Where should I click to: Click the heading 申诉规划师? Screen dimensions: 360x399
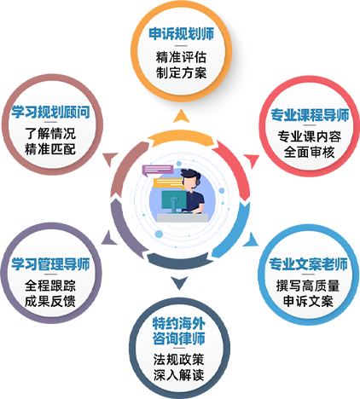pyautogui.click(x=181, y=34)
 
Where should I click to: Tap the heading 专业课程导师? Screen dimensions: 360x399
pyautogui.click(x=310, y=115)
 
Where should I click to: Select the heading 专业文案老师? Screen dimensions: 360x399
pyautogui.click(x=308, y=264)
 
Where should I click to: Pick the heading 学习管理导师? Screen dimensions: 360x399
pyautogui.click(x=50, y=264)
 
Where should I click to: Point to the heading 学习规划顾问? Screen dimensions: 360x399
pyautogui.click(x=50, y=112)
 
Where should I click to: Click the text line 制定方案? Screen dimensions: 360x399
pyautogui.click(x=181, y=72)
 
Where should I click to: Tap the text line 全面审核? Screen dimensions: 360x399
pyautogui.click(x=309, y=152)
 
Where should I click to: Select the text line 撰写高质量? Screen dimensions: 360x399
pyautogui.click(x=308, y=286)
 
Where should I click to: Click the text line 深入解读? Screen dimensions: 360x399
pyautogui.click(x=179, y=375)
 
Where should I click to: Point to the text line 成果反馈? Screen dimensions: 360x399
pyautogui.click(x=50, y=301)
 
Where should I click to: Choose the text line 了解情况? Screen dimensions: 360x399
pyautogui.click(x=50, y=134)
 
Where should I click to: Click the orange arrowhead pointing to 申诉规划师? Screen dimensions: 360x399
pyautogui.click(x=181, y=117)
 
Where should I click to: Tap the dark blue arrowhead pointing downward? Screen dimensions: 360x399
pyautogui.click(x=179, y=282)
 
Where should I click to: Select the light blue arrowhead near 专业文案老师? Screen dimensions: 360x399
pyautogui.click(x=252, y=240)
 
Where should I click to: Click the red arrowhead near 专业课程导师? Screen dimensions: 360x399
pyautogui.click(x=252, y=161)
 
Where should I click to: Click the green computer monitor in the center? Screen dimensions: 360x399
pyautogui.click(x=174, y=201)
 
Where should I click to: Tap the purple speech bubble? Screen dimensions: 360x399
pyautogui.click(x=158, y=171)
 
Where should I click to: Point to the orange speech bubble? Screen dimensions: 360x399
pyautogui.click(x=168, y=183)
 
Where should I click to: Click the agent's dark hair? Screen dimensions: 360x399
pyautogui.click(x=190, y=174)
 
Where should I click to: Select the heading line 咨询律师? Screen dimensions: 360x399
pyautogui.click(x=179, y=338)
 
